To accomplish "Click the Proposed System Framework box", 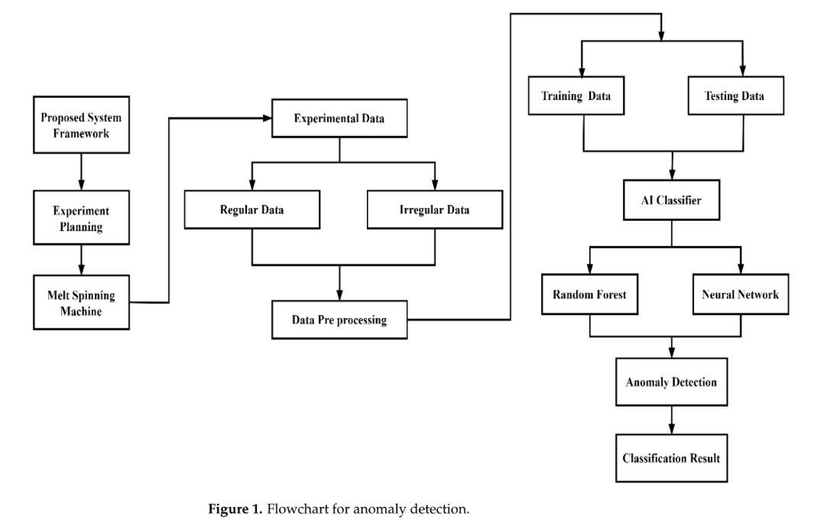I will (x=81, y=126).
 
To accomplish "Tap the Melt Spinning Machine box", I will (x=81, y=303).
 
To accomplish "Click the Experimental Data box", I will (x=340, y=119).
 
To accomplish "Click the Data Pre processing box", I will (x=339, y=320).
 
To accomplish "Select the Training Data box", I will (x=582, y=97).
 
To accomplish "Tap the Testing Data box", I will (x=742, y=97).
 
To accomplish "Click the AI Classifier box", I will (x=671, y=200).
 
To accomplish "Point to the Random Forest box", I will (x=590, y=294).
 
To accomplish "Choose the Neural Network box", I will (x=740, y=294).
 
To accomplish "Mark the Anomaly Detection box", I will (x=671, y=382).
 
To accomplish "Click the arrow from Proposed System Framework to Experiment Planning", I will (x=81, y=170).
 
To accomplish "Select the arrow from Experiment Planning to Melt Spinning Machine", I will (x=81, y=260).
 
